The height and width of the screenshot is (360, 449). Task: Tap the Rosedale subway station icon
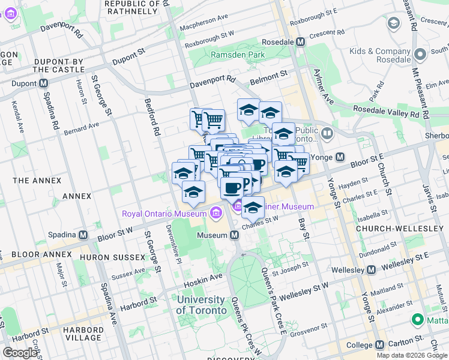point(301,42)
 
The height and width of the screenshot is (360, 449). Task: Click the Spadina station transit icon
point(83,235)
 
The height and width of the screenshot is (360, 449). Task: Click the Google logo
point(20,353)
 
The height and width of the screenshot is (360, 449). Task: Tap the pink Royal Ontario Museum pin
point(217,211)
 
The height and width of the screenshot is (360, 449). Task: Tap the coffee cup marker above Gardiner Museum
point(232,188)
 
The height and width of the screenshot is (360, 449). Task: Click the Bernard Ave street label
point(82,127)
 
